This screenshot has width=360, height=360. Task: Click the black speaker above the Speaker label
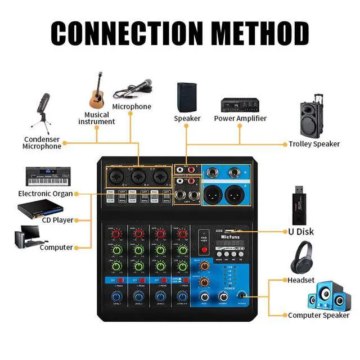(187, 97)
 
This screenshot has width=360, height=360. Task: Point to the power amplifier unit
(240, 104)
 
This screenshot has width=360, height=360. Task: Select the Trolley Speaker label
(314, 144)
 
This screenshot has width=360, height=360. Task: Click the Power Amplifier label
(240, 119)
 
